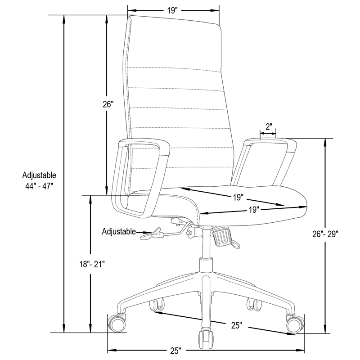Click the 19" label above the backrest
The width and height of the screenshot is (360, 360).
(173, 10)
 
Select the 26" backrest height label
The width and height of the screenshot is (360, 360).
(107, 105)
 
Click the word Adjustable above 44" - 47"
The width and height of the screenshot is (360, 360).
(40, 175)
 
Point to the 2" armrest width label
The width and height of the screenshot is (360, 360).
(269, 126)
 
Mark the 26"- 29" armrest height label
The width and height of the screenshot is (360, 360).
(325, 234)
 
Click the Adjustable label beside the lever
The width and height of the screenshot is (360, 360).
(119, 232)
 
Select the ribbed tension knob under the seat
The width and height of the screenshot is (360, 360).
(222, 235)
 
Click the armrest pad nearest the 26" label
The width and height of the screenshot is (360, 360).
(143, 145)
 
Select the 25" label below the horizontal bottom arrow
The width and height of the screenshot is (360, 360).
(175, 350)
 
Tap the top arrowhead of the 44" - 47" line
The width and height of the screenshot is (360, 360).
(64, 18)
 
